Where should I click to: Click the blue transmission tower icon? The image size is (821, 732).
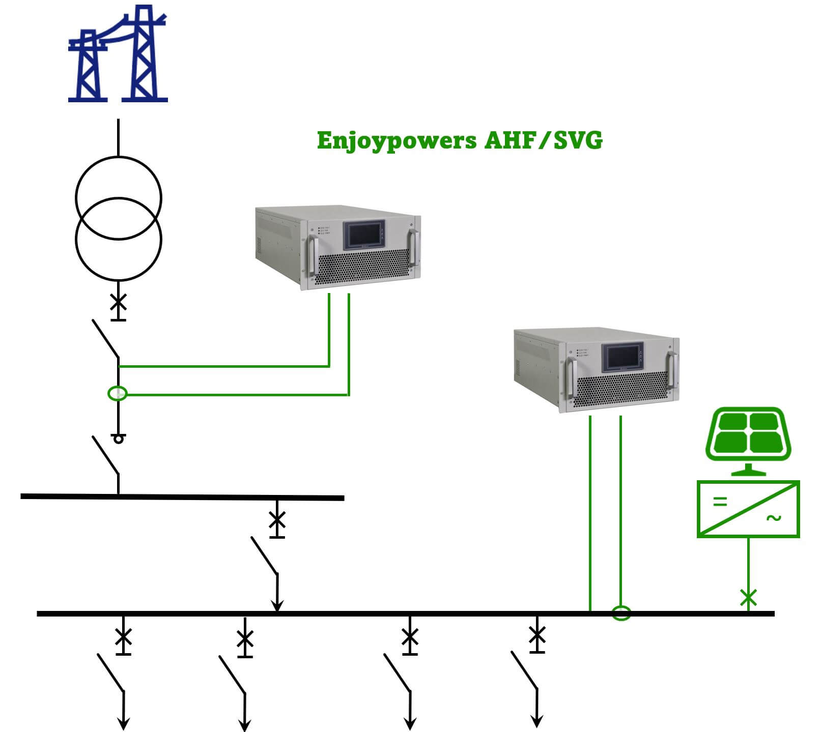[118, 56]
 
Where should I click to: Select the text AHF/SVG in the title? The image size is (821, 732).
[543, 140]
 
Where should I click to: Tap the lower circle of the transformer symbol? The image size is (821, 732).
[119, 239]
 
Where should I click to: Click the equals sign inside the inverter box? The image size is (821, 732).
[720, 502]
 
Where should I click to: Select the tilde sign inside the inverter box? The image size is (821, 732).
[774, 518]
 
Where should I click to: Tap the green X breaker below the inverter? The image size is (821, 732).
[748, 598]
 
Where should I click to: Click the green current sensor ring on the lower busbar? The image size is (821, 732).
[621, 613]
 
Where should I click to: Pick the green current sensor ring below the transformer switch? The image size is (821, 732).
[118, 393]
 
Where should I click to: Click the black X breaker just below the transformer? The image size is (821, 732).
[119, 303]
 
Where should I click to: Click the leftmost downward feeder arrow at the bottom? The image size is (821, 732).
[123, 722]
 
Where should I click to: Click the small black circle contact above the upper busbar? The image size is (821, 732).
[119, 438]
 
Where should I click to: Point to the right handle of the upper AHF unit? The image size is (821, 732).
[414, 248]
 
